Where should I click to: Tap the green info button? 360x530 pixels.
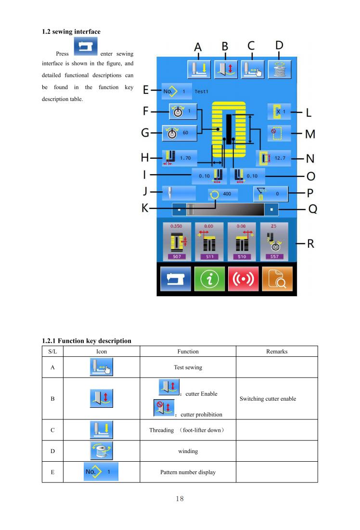[x=209, y=279]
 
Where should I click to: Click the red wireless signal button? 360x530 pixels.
[x=243, y=279]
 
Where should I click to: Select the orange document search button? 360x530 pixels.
[x=277, y=279]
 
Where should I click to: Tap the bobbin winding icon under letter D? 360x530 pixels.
[x=280, y=70]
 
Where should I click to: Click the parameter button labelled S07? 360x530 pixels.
[x=177, y=242]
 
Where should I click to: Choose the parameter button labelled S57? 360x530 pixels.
[x=274, y=242]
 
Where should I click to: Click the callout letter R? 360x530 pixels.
[x=310, y=244]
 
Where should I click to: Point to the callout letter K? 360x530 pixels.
[x=145, y=208]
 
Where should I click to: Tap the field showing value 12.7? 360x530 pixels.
[x=274, y=158]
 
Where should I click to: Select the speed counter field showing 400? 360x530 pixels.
[x=223, y=194]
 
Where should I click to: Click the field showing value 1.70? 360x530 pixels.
[x=180, y=158]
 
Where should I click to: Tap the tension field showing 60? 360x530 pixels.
[x=180, y=133]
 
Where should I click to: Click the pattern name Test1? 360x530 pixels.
[x=201, y=91]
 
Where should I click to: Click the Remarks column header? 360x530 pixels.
[x=277, y=352]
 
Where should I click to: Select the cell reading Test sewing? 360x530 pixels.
[x=188, y=367]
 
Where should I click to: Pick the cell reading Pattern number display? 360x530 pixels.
[x=188, y=472]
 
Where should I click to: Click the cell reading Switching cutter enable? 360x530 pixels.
[x=268, y=399]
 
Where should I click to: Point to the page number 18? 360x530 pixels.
[x=180, y=499]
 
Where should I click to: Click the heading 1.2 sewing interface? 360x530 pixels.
[x=71, y=32]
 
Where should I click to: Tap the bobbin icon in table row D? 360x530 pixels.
[x=102, y=451]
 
